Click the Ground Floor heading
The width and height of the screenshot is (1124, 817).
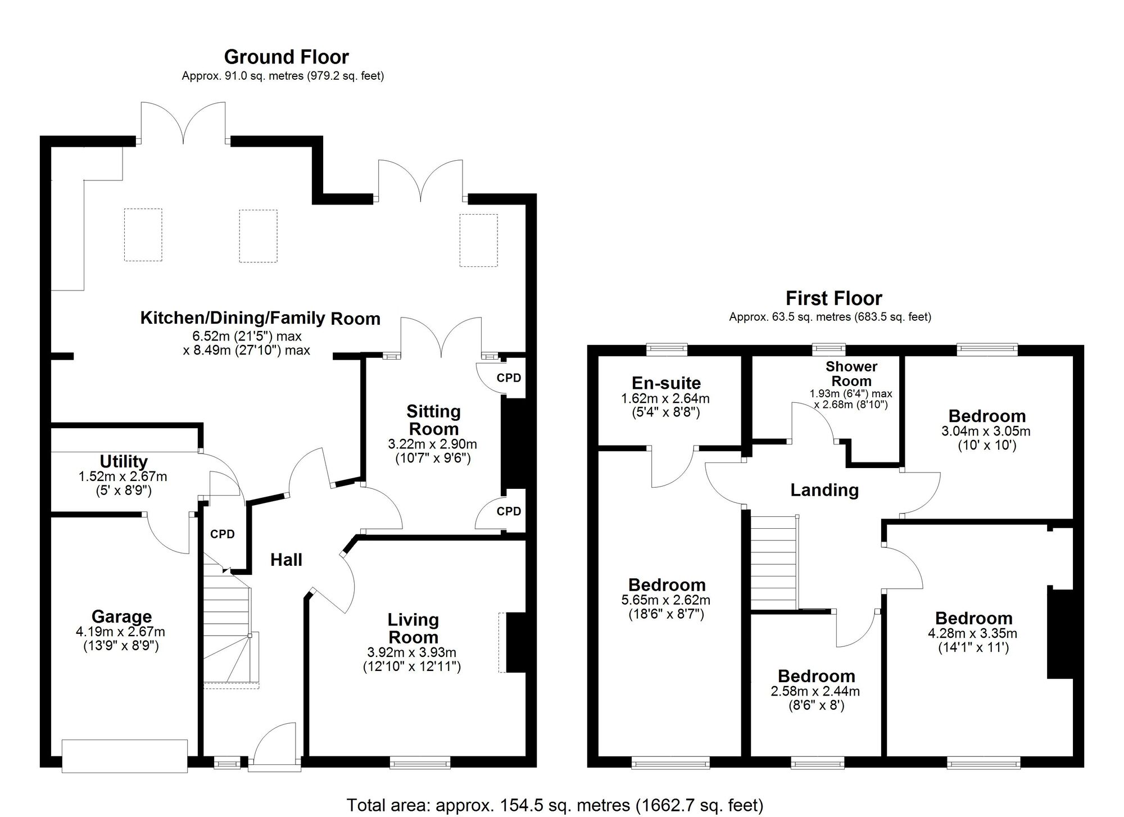[286, 57]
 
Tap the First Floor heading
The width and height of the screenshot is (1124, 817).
[833, 298]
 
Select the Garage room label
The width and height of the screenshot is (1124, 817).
[121, 616]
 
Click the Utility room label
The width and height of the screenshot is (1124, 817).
[124, 461]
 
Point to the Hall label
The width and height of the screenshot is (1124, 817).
[286, 560]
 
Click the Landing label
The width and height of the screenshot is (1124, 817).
[824, 490]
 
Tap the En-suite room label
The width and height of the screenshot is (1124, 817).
[666, 383]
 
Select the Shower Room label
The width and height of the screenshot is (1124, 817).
[851, 373]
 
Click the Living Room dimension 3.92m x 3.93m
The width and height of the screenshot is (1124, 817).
[411, 653]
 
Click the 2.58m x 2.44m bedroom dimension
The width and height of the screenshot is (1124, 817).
[815, 691]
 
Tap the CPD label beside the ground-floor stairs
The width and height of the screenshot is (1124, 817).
[222, 534]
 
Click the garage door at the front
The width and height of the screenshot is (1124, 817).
[124, 756]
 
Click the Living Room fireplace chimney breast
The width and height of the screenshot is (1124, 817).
[515, 643]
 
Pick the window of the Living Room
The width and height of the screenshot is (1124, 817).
[420, 762]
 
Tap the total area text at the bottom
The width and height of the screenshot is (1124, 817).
[555, 805]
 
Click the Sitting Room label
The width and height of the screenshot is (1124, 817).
[433, 420]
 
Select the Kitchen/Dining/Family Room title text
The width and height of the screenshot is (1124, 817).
[260, 318]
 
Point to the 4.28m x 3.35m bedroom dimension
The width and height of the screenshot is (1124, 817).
[972, 633]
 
